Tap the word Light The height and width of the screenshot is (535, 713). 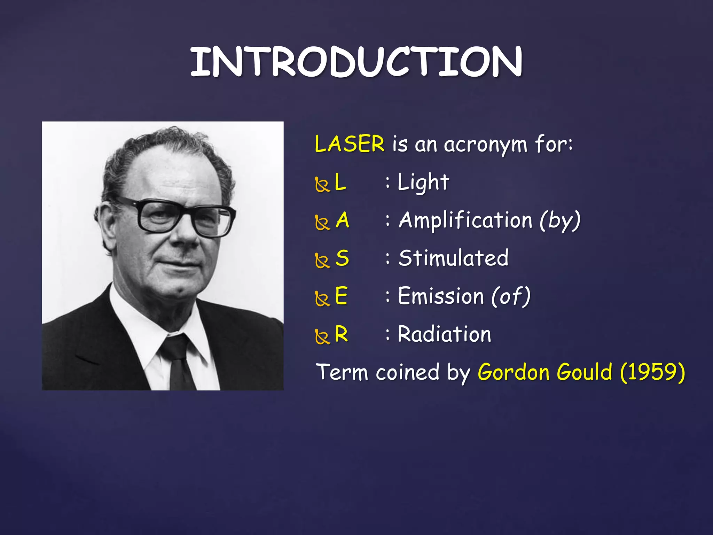coord(423,182)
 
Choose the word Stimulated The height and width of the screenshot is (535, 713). coord(453,258)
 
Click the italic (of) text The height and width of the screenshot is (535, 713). coord(511,296)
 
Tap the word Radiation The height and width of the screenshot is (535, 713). coord(444,334)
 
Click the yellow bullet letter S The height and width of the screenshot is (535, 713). coord(342,258)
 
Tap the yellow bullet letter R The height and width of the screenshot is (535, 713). coord(341,334)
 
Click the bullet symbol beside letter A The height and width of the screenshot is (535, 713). coord(322,223)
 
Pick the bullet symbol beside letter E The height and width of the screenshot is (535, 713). coord(322,298)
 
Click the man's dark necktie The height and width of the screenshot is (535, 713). coord(179,362)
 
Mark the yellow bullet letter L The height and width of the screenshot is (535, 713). coord(340,182)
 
